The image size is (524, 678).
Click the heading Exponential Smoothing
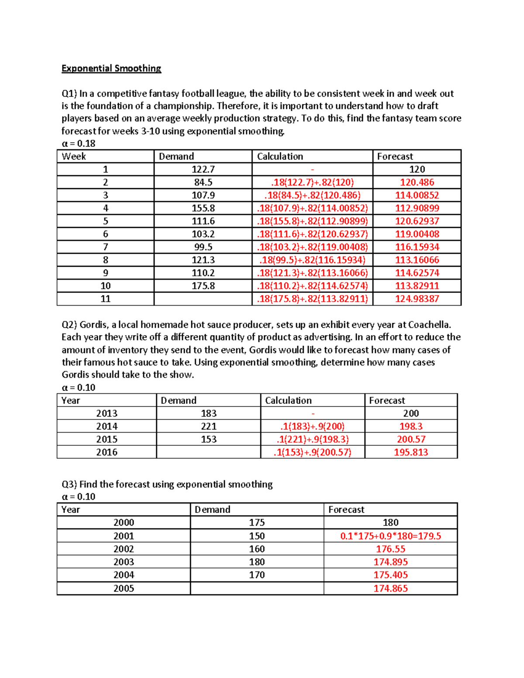(111, 69)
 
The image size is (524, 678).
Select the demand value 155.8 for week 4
(203, 208)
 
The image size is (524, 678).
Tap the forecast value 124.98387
(417, 299)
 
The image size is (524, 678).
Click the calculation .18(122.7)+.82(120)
(312, 182)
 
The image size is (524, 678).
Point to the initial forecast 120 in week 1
(417, 169)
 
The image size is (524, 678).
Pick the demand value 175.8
(203, 286)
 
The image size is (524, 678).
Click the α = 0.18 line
(79, 144)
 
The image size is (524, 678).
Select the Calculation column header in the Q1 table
(280, 157)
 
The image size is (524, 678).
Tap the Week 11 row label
(105, 299)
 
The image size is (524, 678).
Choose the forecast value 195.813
(411, 452)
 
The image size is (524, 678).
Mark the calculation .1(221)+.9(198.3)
(312, 439)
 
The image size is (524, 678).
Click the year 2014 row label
(107, 427)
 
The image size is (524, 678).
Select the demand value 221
(209, 427)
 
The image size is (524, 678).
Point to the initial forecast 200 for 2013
(411, 413)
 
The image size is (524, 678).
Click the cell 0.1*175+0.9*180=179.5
(390, 536)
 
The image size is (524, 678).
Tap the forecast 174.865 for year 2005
(390, 589)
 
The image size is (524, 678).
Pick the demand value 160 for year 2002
(257, 549)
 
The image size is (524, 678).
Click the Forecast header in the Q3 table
(346, 510)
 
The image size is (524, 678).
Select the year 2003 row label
(124, 562)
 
